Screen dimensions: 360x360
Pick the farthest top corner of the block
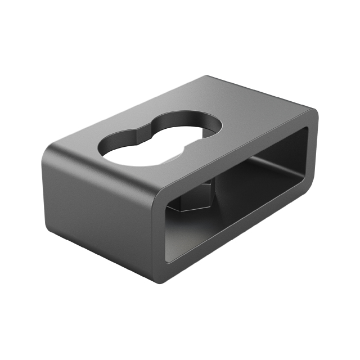point(208,77)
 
